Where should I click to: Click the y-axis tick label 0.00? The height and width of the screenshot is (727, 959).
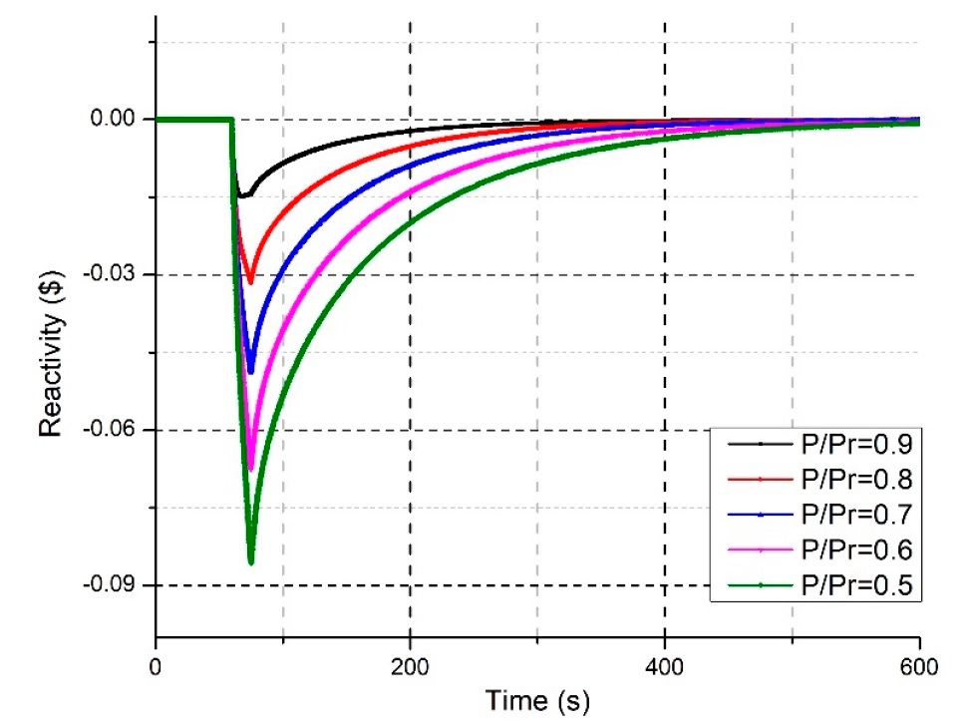click(116, 120)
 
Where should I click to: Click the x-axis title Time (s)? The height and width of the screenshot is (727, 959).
click(537, 701)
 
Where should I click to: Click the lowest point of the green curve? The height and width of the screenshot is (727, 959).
click(251, 563)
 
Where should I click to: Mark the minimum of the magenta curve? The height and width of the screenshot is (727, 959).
click(251, 469)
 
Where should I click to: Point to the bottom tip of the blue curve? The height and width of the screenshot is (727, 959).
click(251, 372)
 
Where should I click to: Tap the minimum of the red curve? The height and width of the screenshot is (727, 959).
click(250, 282)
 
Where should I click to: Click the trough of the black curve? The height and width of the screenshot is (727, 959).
click(242, 195)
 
